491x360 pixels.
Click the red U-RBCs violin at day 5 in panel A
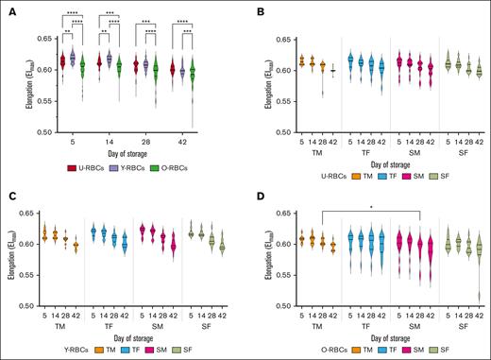pyautogui.click(x=63, y=61)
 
